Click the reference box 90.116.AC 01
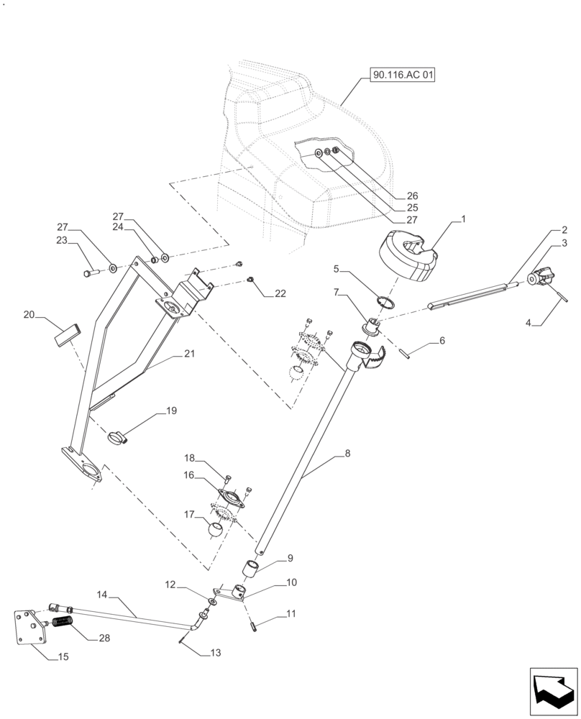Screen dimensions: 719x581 point(403,75)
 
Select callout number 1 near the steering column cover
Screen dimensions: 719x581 point(464,217)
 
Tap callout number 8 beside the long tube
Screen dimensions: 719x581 point(347,454)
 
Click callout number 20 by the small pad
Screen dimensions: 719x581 point(29,315)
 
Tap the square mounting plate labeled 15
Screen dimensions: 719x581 point(30,627)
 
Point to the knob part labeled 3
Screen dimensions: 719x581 point(543,277)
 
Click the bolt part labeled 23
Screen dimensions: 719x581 point(91,273)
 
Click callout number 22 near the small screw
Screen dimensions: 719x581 point(280,293)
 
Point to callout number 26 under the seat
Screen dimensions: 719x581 point(412,196)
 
